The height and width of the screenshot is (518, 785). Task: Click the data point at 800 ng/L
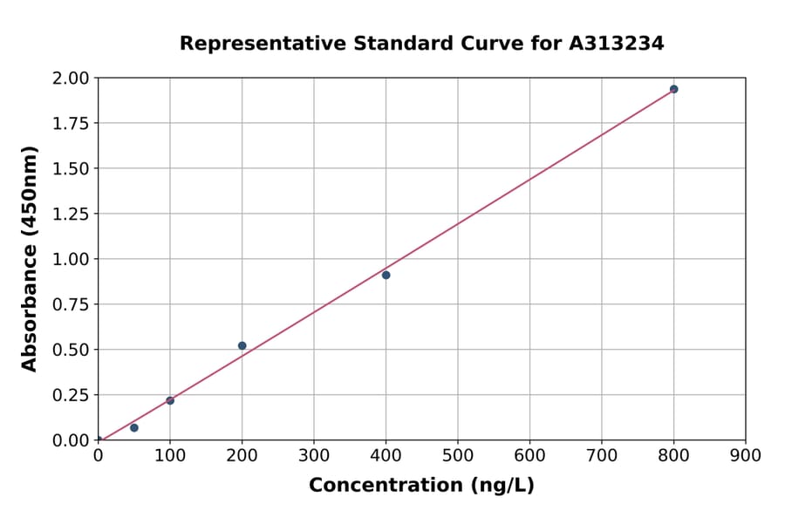click(x=673, y=89)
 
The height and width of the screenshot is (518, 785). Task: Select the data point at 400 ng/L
click(x=386, y=275)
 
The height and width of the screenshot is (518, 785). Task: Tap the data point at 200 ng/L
click(x=242, y=345)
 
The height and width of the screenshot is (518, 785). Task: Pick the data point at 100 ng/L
click(x=170, y=400)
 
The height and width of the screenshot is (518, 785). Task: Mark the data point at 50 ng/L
click(x=133, y=427)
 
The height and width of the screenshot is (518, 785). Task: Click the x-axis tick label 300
click(x=314, y=455)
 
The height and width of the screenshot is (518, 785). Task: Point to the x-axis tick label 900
click(x=746, y=455)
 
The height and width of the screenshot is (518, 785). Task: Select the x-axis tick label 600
click(x=529, y=455)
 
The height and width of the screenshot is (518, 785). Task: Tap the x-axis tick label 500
click(x=458, y=455)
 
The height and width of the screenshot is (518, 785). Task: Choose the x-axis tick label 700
click(x=602, y=455)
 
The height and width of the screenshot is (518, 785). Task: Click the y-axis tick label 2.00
click(x=71, y=78)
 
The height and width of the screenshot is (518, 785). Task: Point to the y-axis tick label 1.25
click(x=71, y=214)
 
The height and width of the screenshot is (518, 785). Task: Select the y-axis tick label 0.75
click(x=71, y=304)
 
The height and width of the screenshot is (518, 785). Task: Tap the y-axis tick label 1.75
click(x=71, y=124)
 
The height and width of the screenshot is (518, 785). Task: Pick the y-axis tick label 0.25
click(x=71, y=395)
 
